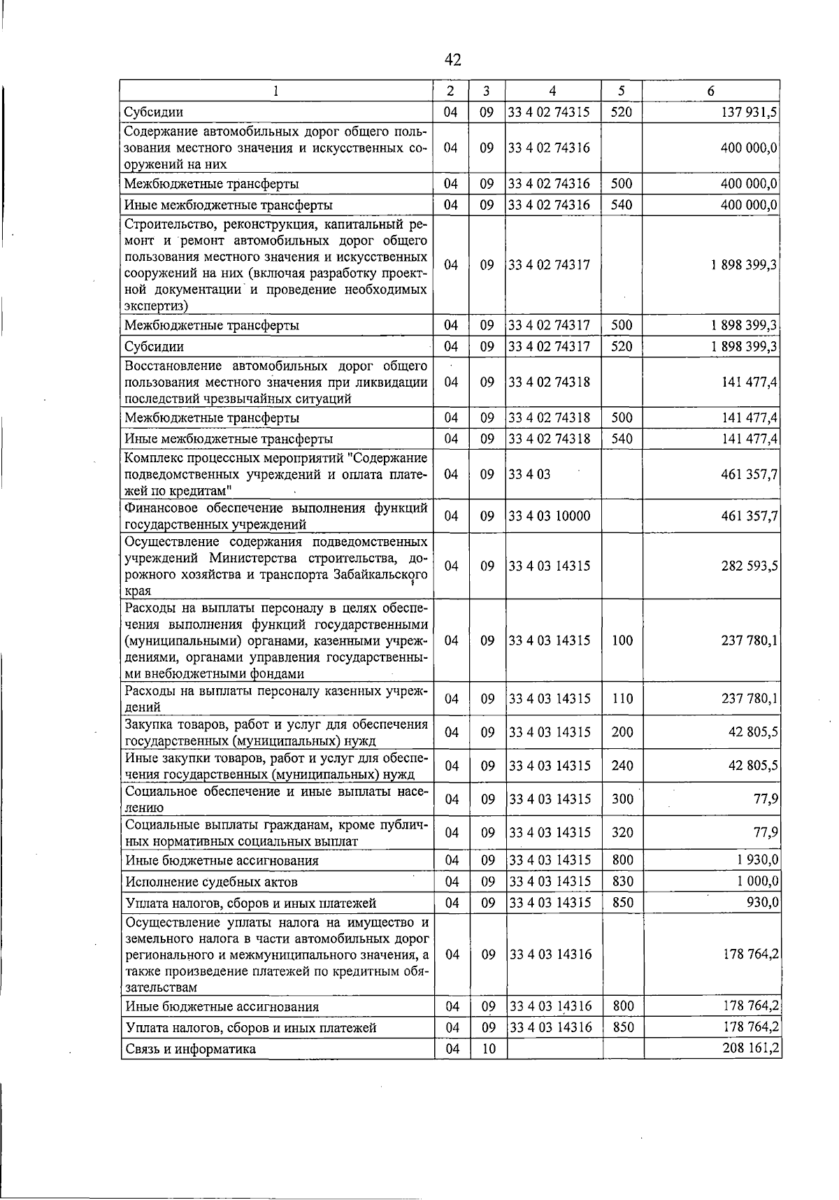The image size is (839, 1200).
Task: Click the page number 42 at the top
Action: tap(452, 60)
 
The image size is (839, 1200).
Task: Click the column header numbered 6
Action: tap(710, 91)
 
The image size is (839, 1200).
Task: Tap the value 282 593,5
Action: tap(750, 566)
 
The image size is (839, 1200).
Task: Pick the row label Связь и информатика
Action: tap(189, 1049)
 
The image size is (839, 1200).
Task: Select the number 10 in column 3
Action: tap(488, 1049)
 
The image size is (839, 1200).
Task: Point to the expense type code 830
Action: tap(622, 881)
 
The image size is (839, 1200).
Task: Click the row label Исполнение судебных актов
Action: tap(210, 882)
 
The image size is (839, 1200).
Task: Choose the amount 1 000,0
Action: tap(758, 881)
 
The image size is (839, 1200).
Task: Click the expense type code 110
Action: tap(622, 699)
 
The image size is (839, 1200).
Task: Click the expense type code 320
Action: tap(622, 832)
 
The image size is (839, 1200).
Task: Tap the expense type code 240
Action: tap(622, 766)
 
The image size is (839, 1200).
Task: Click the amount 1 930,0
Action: tap(758, 860)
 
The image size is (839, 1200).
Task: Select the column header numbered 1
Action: tap(276, 91)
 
